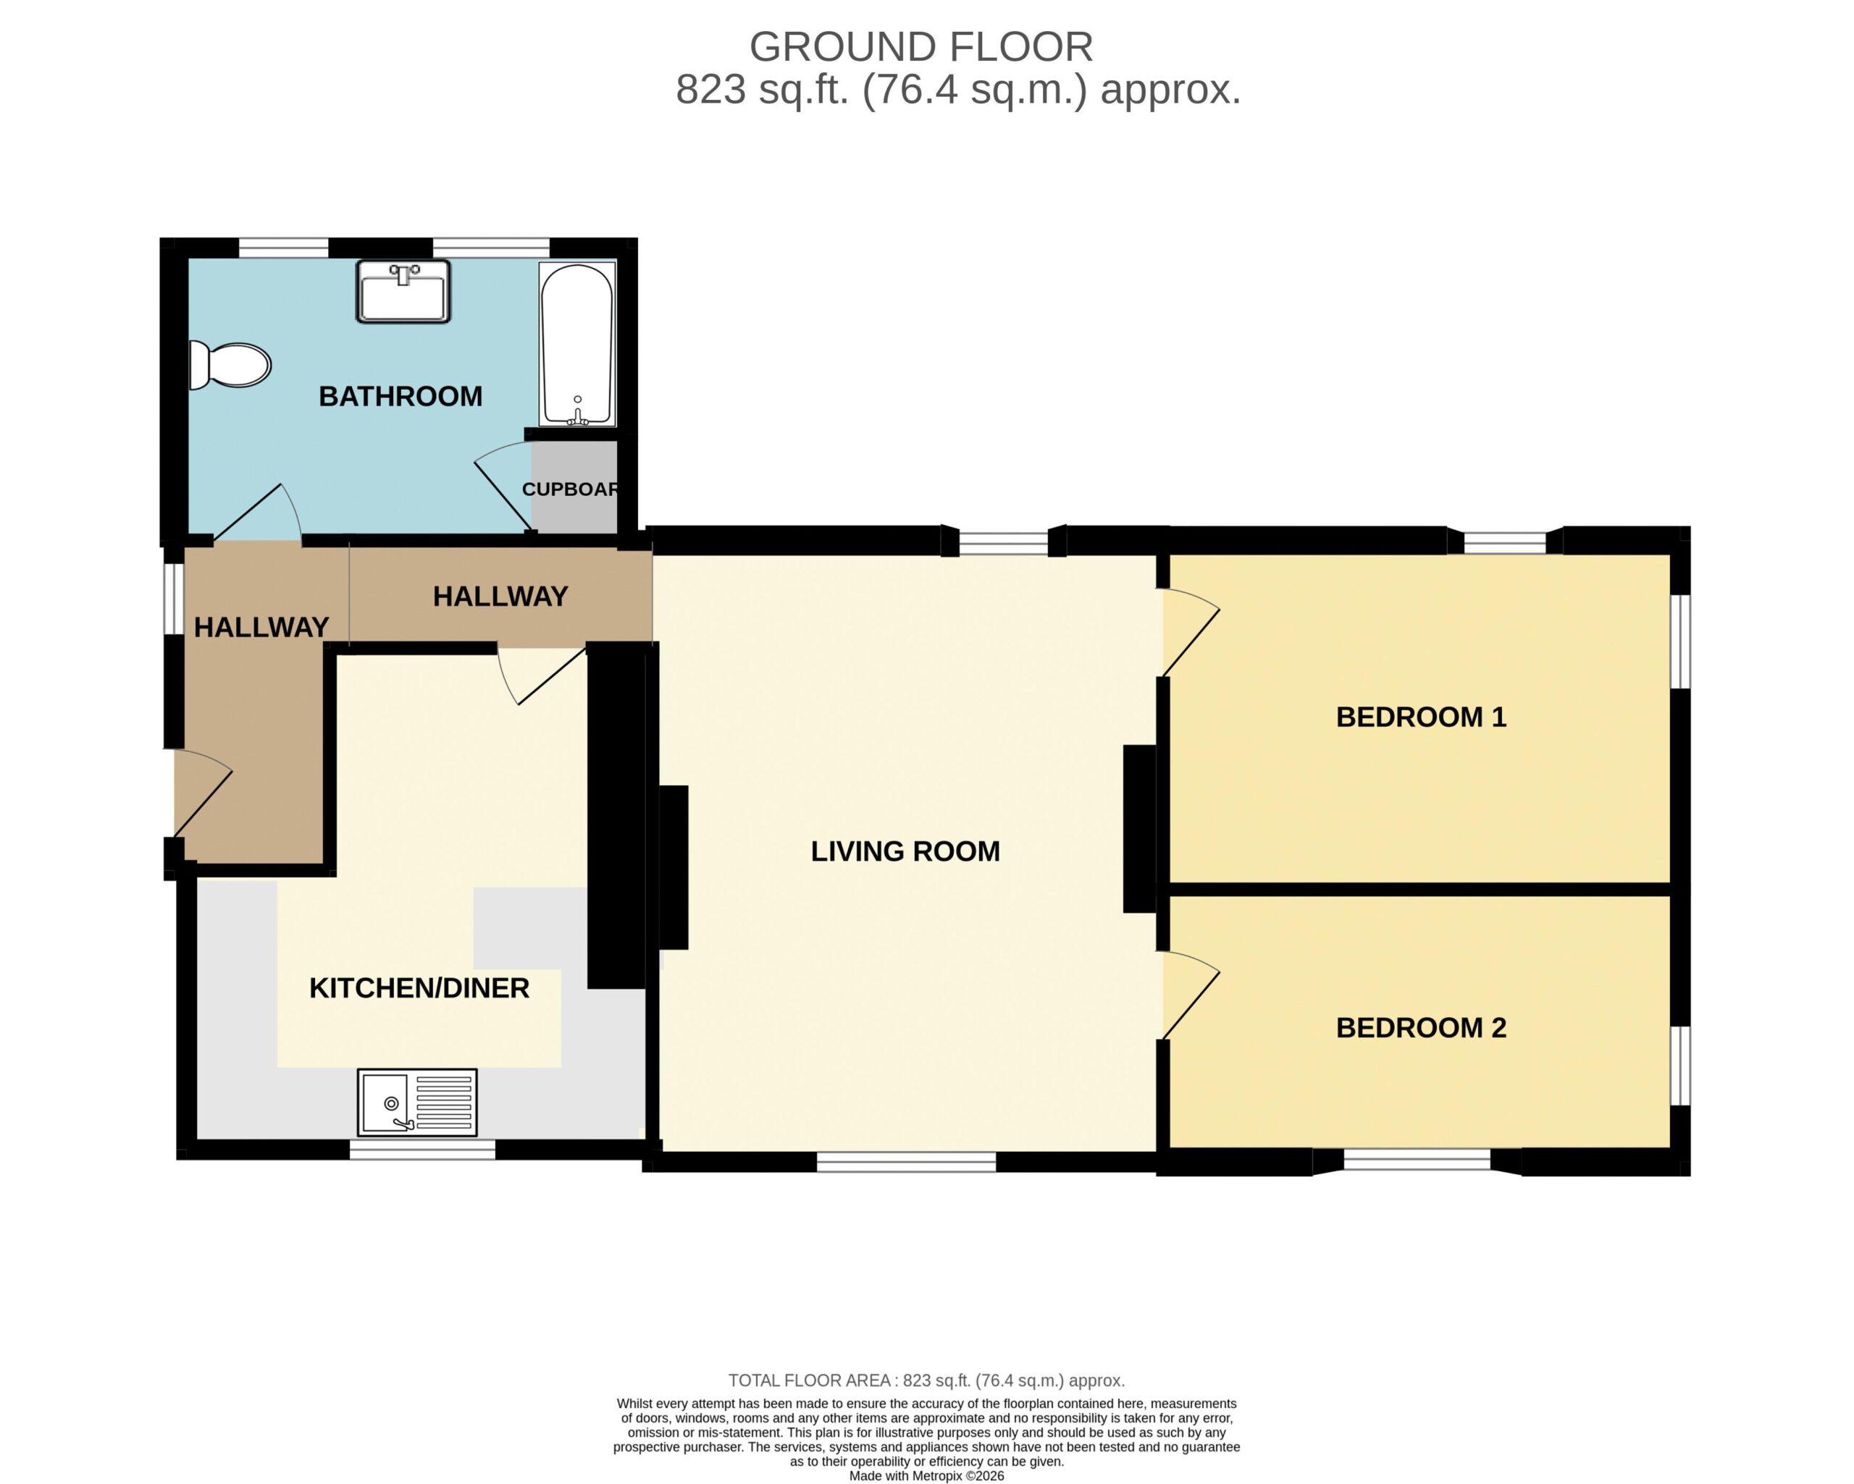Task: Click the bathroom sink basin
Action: pos(403,292)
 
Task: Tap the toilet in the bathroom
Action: pos(230,366)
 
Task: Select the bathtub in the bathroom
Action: pos(577,344)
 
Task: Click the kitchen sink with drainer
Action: pos(417,1103)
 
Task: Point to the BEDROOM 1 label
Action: pos(1422,717)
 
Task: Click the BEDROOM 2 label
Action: pos(1422,1027)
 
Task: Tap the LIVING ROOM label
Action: pos(905,851)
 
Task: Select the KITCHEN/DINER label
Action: pos(419,988)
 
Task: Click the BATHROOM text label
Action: pos(400,397)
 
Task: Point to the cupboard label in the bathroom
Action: pos(570,489)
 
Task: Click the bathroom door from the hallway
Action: pos(257,513)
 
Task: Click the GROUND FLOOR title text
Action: pos(921,47)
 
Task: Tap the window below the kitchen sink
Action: pos(422,1150)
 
